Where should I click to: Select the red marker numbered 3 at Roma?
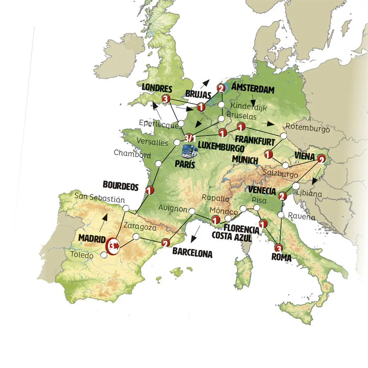click(x=279, y=248)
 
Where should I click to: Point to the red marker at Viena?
click(x=322, y=158)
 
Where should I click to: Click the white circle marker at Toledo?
click(x=104, y=255)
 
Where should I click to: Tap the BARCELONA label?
click(x=192, y=253)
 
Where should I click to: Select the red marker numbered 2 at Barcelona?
click(x=166, y=243)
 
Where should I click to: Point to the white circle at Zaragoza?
click(x=136, y=236)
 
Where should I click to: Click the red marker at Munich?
click(x=269, y=155)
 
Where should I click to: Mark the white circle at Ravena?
click(x=281, y=215)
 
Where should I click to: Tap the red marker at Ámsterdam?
click(x=221, y=88)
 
